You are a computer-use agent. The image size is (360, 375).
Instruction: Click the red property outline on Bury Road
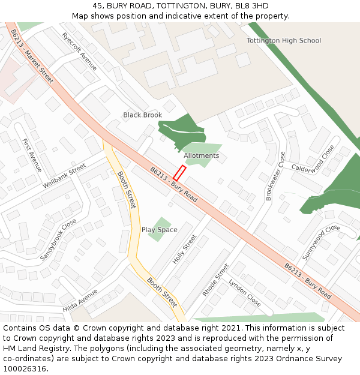pos(179,173)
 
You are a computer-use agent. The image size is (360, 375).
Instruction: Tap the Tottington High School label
pos(284,41)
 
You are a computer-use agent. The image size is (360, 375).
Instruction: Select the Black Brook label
pos(143,115)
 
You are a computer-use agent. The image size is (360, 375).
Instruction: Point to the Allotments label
pos(202,155)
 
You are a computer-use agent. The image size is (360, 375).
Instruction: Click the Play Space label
pos(160,230)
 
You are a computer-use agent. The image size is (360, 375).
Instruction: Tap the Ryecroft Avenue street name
pos(79,51)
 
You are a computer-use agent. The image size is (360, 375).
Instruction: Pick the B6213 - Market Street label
pos(32,56)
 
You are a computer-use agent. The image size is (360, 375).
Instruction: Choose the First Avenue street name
pos(31,155)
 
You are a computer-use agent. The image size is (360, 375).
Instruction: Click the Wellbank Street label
pos(65,175)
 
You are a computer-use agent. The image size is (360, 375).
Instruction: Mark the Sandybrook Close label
pos(58,239)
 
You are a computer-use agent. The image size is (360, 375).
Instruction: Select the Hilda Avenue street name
pos(80,301)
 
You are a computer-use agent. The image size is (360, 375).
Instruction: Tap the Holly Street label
pos(185,248)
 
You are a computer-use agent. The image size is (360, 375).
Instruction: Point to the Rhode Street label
pos(216,280)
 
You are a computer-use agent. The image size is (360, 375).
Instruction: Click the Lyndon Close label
pos(244,292)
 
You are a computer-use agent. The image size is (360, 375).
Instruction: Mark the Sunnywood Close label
pos(322,242)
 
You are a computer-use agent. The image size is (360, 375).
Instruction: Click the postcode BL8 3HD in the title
pos(253,6)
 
